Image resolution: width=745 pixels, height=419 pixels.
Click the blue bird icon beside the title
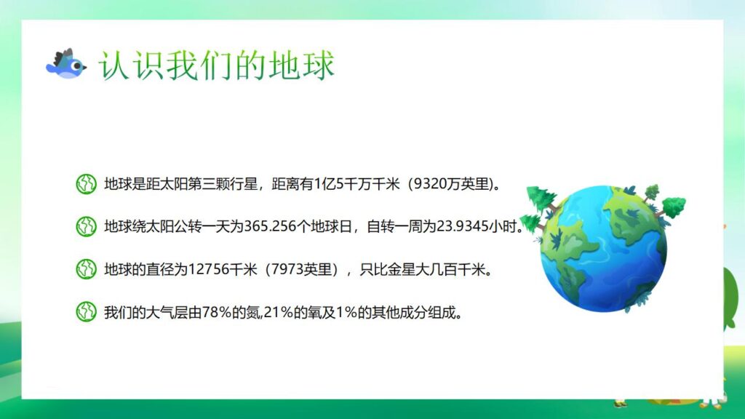tap(65, 64)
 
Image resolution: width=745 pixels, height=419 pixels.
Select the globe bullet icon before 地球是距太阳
tap(86, 184)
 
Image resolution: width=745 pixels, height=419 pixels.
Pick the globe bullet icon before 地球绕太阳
tap(86, 226)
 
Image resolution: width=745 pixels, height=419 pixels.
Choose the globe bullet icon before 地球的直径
tap(86, 269)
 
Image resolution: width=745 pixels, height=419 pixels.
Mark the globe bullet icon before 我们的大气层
tap(86, 312)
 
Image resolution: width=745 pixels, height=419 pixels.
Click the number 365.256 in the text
tap(267, 226)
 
